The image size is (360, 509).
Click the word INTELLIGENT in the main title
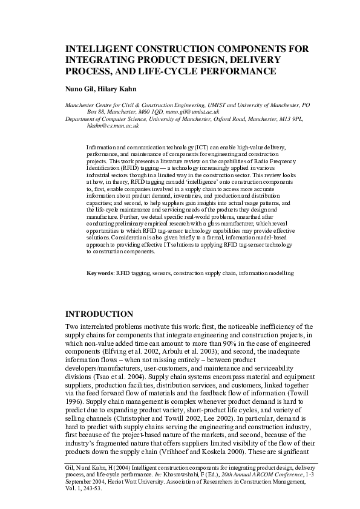pos(102,48)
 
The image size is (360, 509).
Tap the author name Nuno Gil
pos(79,88)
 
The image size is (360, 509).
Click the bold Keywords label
pos(100,273)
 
